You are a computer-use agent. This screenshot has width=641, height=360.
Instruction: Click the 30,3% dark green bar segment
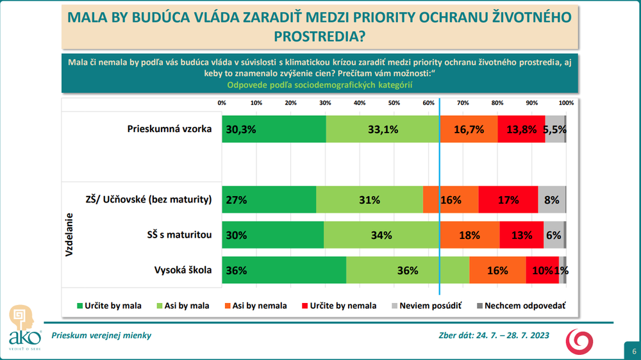[274, 129]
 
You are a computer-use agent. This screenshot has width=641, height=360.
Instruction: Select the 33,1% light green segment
[383, 129]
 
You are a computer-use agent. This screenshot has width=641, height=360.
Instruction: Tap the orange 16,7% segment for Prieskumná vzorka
[469, 129]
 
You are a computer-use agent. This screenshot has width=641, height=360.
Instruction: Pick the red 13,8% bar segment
[521, 129]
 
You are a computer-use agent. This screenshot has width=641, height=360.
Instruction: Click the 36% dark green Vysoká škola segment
[284, 270]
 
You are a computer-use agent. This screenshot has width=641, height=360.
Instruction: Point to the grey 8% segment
[552, 200]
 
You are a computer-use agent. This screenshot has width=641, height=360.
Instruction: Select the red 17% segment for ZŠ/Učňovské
[508, 200]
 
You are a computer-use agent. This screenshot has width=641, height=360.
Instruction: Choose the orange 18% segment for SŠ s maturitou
[470, 235]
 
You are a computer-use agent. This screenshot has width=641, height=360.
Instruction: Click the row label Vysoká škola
[183, 270]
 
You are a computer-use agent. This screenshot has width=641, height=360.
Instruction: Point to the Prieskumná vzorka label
[170, 129]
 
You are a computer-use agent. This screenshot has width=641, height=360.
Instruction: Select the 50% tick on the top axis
[394, 103]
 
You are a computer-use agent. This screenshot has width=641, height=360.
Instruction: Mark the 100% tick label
[565, 103]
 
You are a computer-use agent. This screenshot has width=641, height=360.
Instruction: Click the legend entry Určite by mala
[109, 306]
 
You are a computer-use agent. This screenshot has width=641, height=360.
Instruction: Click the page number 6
[633, 352]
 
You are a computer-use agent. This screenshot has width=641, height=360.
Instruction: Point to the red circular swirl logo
[583, 340]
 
